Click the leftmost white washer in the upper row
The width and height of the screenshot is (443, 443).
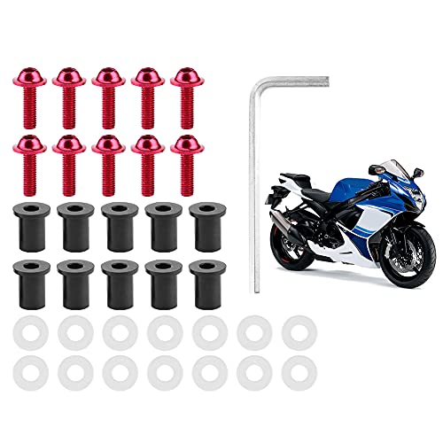[27, 331]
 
